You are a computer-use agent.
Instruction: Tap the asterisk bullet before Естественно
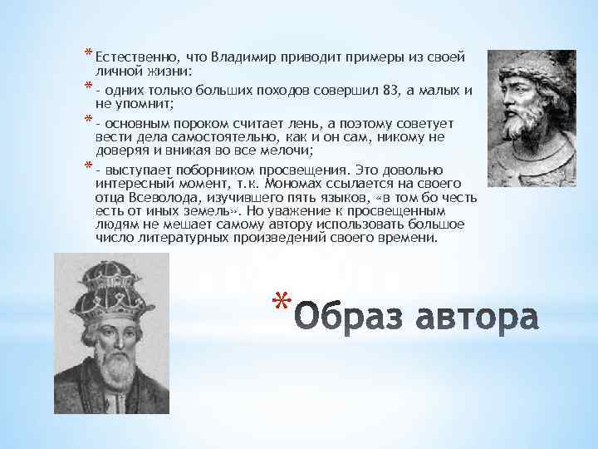pyautogui.click(x=88, y=56)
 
